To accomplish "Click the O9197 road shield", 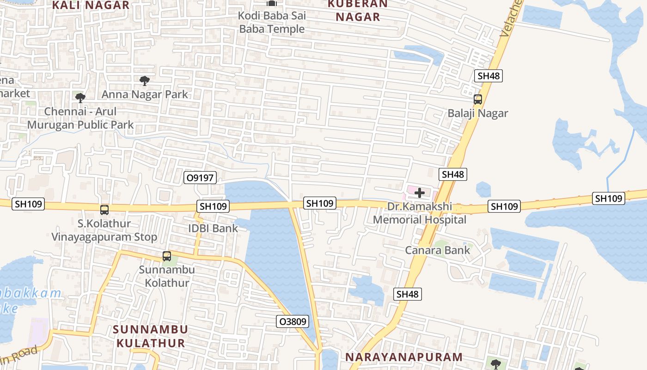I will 200,178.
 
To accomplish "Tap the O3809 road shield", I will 293,321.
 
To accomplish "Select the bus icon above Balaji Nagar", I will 477,99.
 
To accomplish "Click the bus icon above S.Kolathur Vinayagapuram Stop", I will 104,210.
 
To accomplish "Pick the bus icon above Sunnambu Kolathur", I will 166,256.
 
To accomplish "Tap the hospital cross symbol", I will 420,192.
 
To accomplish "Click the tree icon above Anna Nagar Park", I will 145,81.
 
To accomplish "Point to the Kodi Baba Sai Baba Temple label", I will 272,22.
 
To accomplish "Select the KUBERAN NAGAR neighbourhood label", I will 358,10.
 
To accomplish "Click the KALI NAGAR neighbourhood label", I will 91,6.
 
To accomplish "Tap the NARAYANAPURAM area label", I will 404,357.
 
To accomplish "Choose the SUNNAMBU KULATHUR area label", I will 151,336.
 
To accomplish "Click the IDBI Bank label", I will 213,228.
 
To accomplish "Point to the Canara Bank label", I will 437,250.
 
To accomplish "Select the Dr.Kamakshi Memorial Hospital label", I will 420,213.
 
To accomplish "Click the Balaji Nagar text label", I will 477,113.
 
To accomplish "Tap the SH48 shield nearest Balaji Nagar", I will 488,76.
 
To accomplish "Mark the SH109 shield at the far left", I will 28,204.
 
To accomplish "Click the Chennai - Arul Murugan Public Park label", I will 80,118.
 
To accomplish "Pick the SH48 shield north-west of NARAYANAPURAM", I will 408,294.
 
